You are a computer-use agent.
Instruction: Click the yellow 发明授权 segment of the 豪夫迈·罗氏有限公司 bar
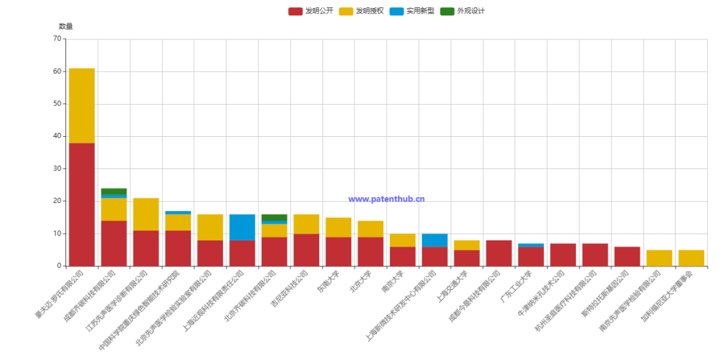click(81, 106)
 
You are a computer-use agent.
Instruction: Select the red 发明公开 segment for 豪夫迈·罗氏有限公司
click(81, 204)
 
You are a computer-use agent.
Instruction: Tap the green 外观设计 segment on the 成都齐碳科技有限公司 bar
click(113, 192)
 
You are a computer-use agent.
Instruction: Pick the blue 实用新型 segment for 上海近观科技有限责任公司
click(242, 227)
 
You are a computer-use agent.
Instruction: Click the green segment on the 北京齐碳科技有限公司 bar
click(274, 217)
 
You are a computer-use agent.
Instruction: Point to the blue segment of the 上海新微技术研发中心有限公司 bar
click(435, 240)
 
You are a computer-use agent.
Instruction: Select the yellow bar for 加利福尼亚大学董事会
click(691, 258)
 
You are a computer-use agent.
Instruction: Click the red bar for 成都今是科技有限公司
click(499, 253)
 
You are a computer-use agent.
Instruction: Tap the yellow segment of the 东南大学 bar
click(338, 227)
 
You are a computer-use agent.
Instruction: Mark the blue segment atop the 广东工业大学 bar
click(531, 245)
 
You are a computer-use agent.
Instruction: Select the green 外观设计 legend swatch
click(447, 11)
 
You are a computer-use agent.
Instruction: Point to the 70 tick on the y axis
click(57, 39)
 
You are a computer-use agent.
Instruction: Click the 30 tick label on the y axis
click(57, 168)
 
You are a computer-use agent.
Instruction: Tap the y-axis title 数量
click(66, 26)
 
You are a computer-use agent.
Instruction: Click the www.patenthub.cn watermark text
click(387, 199)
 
